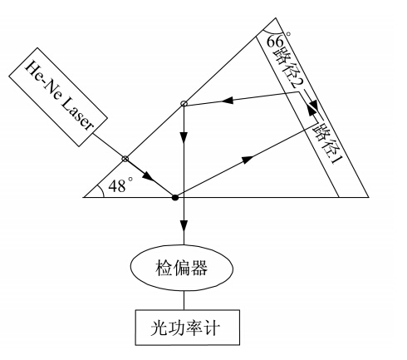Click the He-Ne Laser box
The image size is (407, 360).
pos(58,97)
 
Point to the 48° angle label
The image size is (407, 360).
pos(120,185)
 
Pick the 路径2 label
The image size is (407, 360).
pos(289,68)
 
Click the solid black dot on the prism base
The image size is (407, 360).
pos(175,198)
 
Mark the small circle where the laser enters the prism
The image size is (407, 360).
pos(125,159)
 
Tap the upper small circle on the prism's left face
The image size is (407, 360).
pos(184,104)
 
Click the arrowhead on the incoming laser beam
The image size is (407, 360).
pos(147,176)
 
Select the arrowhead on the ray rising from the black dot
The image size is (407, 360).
pos(248,160)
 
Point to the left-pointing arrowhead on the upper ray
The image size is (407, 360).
pos(228,100)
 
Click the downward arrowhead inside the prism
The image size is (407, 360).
pos(184,138)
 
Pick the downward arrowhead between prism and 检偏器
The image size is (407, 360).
pos(184,226)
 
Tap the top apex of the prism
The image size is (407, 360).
pos(275,18)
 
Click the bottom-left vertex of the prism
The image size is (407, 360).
pos(84,197)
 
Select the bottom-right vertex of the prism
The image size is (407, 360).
pos(369,197)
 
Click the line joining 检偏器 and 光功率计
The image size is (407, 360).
pos(184,300)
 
